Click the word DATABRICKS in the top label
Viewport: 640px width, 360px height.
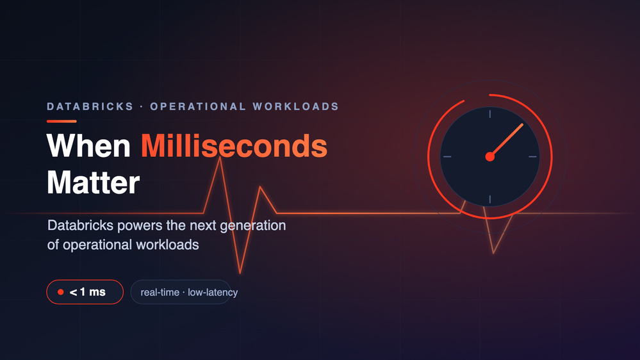[x=90, y=106]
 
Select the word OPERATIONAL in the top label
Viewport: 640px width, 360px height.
[x=198, y=106]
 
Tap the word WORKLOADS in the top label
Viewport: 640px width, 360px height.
[x=296, y=106]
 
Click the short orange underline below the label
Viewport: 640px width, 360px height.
[x=62, y=121]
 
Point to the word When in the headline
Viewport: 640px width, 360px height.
[x=88, y=146]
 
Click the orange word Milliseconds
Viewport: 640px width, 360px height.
[x=234, y=146]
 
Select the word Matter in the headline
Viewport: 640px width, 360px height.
[x=93, y=183]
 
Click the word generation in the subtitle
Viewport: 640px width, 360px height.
[x=253, y=225]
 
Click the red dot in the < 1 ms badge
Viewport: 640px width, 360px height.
[x=61, y=292]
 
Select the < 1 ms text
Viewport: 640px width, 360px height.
[x=88, y=292]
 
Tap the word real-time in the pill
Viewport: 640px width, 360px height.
[x=160, y=292]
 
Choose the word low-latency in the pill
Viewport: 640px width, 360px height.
[x=213, y=292]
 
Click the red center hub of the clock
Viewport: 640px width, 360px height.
[x=490, y=157]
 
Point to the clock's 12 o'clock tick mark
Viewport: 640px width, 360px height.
[x=490, y=114]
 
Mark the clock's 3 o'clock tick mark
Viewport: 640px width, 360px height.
[x=532, y=157]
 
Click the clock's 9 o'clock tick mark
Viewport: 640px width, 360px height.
[x=447, y=157]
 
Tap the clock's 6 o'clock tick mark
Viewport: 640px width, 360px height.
[x=490, y=199]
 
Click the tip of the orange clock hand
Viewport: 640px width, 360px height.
[x=523, y=124]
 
